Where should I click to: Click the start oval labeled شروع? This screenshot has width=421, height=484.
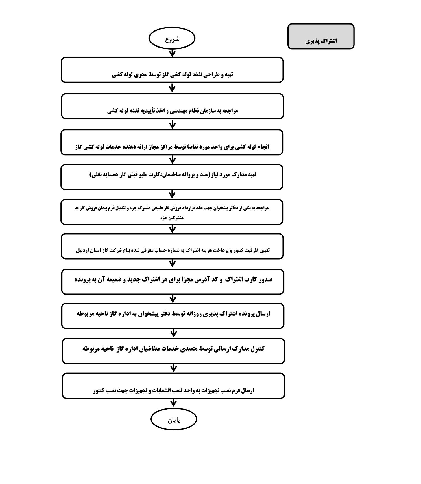172,38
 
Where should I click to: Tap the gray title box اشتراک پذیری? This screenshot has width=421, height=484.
321,36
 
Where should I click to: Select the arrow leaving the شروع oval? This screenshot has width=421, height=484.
172,53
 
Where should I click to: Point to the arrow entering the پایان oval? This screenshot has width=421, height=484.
173,403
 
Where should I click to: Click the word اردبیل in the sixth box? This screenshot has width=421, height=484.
82,250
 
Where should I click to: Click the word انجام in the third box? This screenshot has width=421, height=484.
262,147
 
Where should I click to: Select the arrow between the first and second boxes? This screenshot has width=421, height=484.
172,88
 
